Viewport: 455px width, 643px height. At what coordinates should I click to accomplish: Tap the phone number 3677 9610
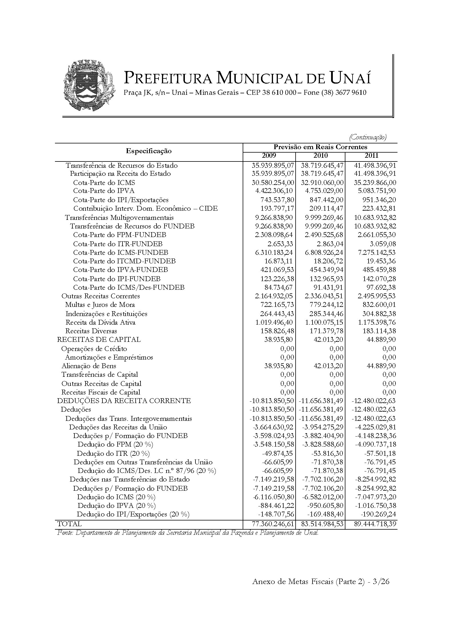tap(351, 92)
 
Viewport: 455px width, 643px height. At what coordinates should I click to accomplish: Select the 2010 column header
tap(320, 156)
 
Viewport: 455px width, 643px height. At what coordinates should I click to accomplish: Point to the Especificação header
tap(149, 151)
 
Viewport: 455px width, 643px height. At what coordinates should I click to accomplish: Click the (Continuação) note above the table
tap(368, 138)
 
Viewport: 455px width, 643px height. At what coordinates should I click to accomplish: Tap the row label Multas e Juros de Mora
tap(100, 305)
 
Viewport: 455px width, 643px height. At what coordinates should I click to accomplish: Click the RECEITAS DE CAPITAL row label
tap(99, 340)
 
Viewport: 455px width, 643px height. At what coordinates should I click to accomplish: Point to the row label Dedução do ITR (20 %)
tap(113, 453)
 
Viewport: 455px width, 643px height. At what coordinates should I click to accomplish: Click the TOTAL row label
tap(70, 524)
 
